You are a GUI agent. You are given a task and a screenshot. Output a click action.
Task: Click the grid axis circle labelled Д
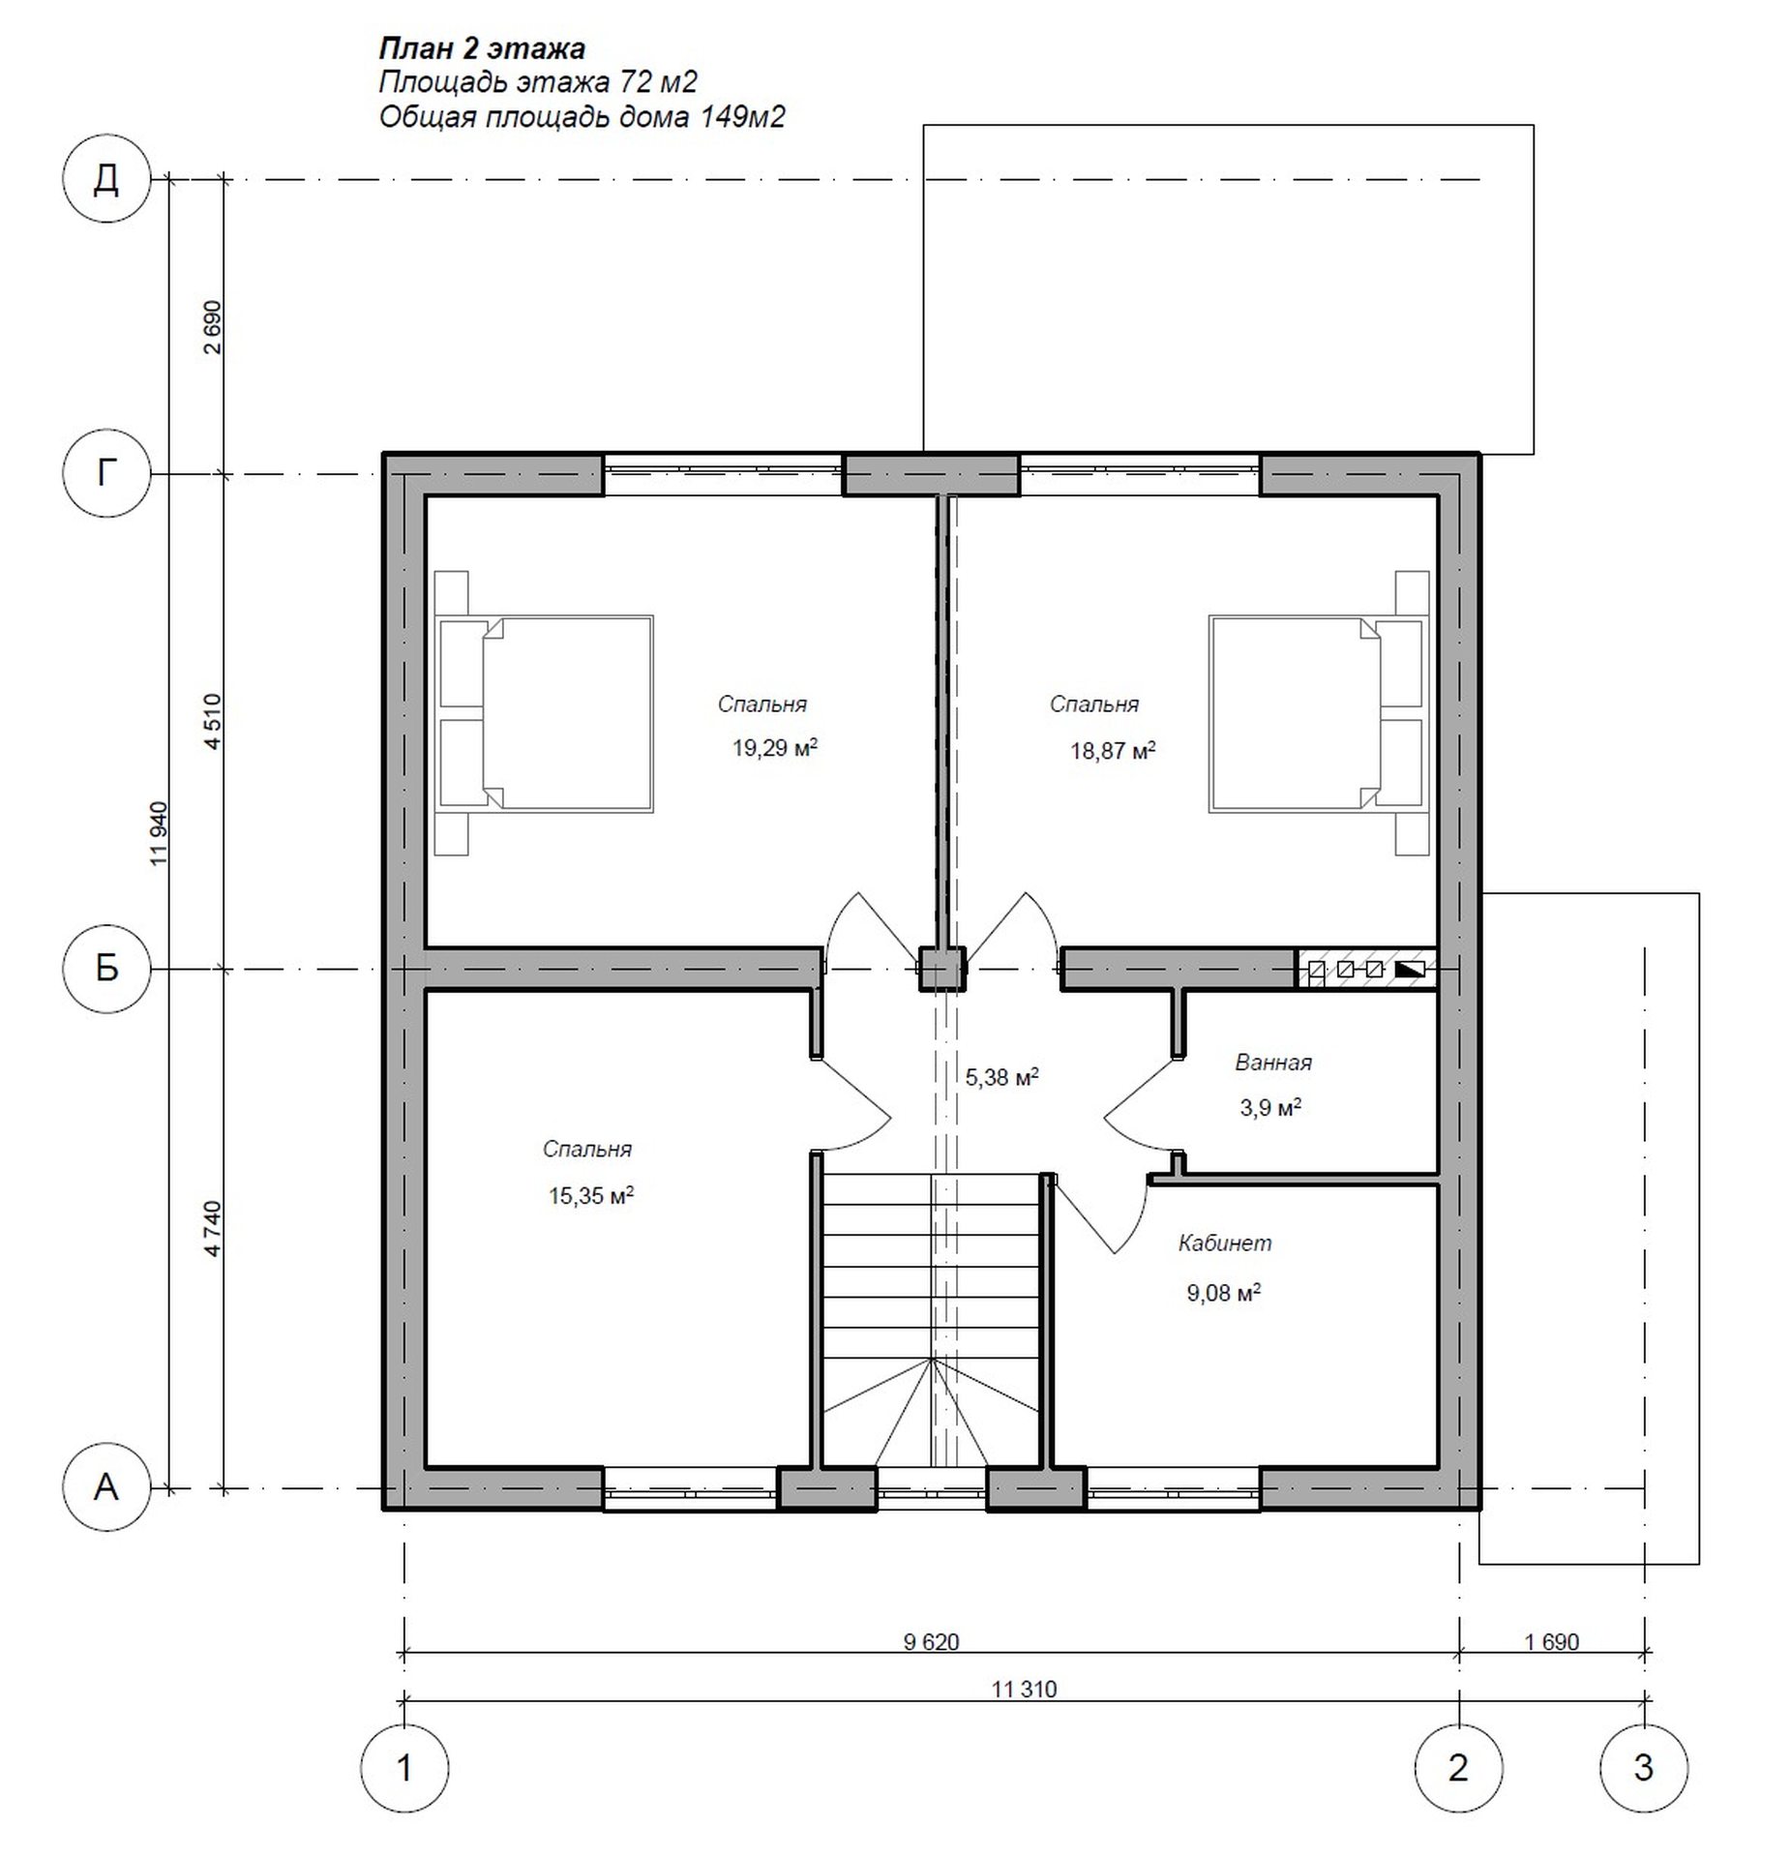click(x=106, y=179)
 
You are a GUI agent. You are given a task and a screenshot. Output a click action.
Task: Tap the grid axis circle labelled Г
click(x=106, y=474)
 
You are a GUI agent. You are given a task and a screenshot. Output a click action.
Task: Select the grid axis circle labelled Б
click(x=106, y=968)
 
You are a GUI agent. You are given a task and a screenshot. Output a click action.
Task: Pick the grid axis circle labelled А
click(x=106, y=1486)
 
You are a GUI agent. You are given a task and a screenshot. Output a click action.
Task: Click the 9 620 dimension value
click(x=931, y=1641)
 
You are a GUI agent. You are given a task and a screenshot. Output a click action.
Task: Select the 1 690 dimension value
click(x=1551, y=1641)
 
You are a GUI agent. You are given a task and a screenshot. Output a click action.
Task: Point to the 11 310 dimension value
click(x=1024, y=1690)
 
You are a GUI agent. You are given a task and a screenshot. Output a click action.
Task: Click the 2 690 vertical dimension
click(x=213, y=327)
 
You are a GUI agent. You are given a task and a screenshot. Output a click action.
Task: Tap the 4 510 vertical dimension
click(x=213, y=720)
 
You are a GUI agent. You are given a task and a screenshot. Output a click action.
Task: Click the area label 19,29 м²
click(x=775, y=747)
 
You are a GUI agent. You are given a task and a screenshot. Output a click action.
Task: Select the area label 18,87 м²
click(x=1113, y=750)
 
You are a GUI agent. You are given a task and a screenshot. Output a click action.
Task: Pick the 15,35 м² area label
click(x=591, y=1195)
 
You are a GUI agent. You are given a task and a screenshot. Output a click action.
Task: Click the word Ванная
click(x=1272, y=1063)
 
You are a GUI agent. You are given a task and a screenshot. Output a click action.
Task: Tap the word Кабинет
click(x=1224, y=1243)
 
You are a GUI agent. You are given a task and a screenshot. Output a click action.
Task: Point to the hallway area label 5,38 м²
click(x=1001, y=1076)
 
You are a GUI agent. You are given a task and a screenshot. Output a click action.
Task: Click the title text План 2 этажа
click(x=481, y=48)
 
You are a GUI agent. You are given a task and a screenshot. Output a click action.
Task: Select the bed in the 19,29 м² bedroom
click(x=544, y=712)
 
